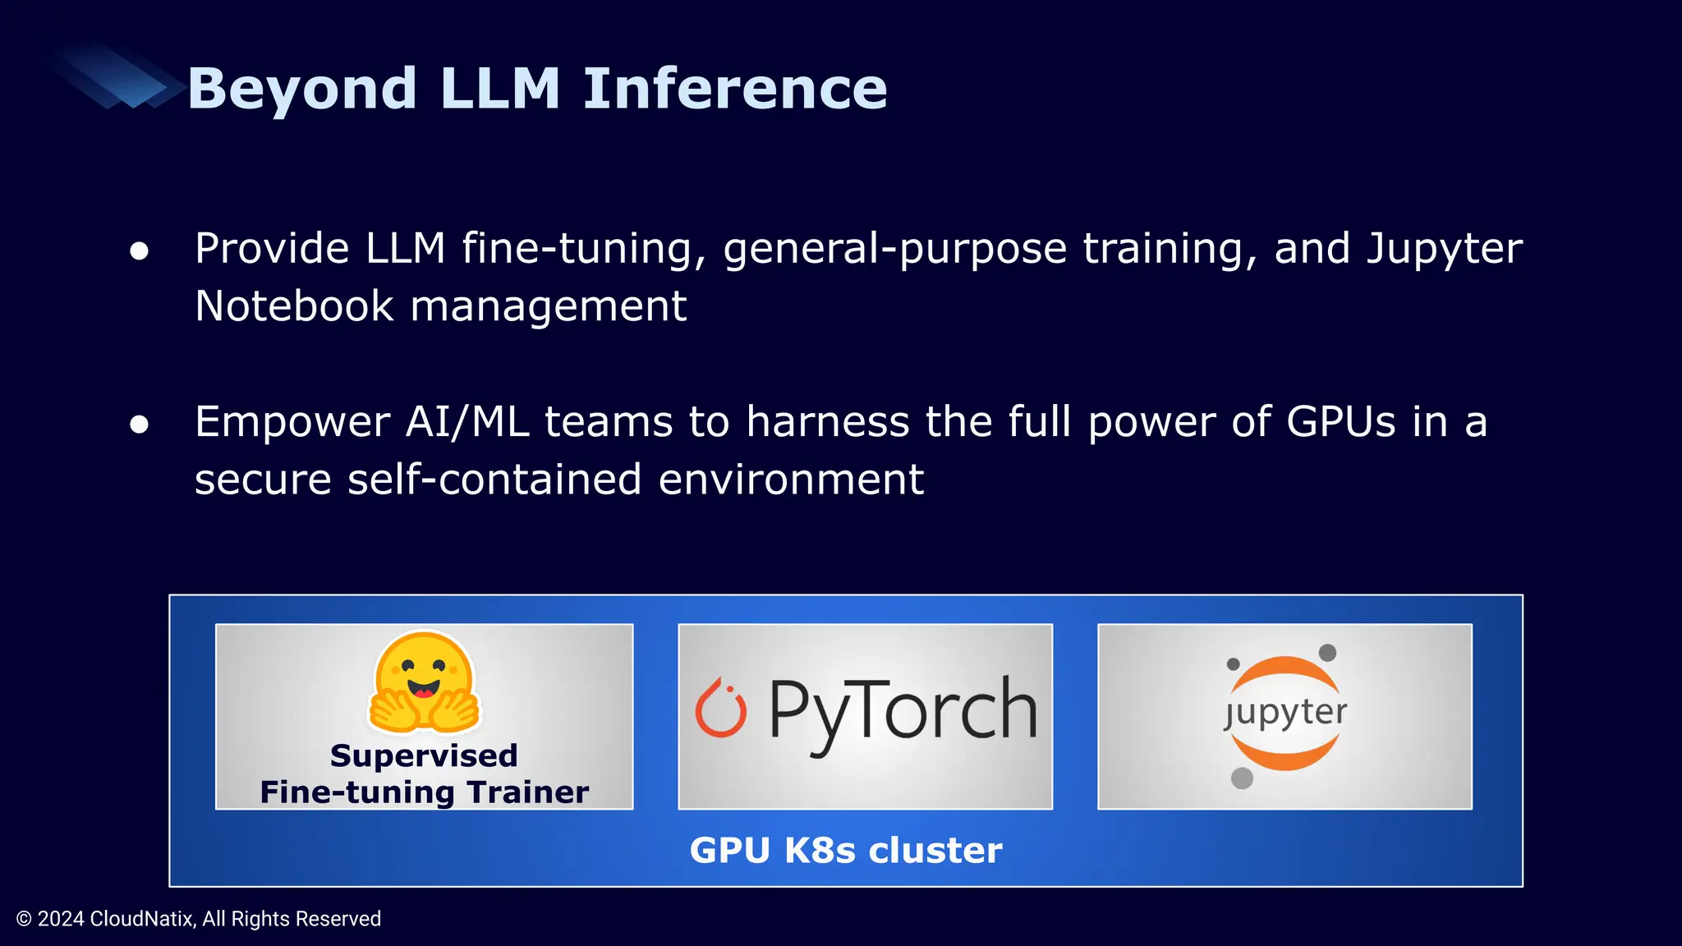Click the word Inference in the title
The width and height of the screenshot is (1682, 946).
pos(735,89)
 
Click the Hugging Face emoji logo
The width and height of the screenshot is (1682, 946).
pos(424,682)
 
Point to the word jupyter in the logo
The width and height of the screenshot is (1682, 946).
pos(1285,713)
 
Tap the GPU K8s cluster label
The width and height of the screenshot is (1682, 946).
pos(846,851)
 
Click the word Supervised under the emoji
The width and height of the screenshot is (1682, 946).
pos(424,755)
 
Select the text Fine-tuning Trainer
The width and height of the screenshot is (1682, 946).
pos(424,792)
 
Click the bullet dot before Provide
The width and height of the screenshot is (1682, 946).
pos(140,250)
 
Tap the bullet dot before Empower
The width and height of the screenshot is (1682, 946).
pos(140,424)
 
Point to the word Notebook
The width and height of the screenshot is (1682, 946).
pos(294,306)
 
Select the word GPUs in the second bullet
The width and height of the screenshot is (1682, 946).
pos(1341,422)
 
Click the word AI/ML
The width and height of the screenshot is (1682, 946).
pos(467,422)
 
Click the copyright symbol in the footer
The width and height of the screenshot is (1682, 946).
pos(25,919)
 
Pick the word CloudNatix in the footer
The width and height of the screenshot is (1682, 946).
pos(141,919)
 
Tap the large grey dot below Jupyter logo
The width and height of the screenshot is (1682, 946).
pos(1242,778)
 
